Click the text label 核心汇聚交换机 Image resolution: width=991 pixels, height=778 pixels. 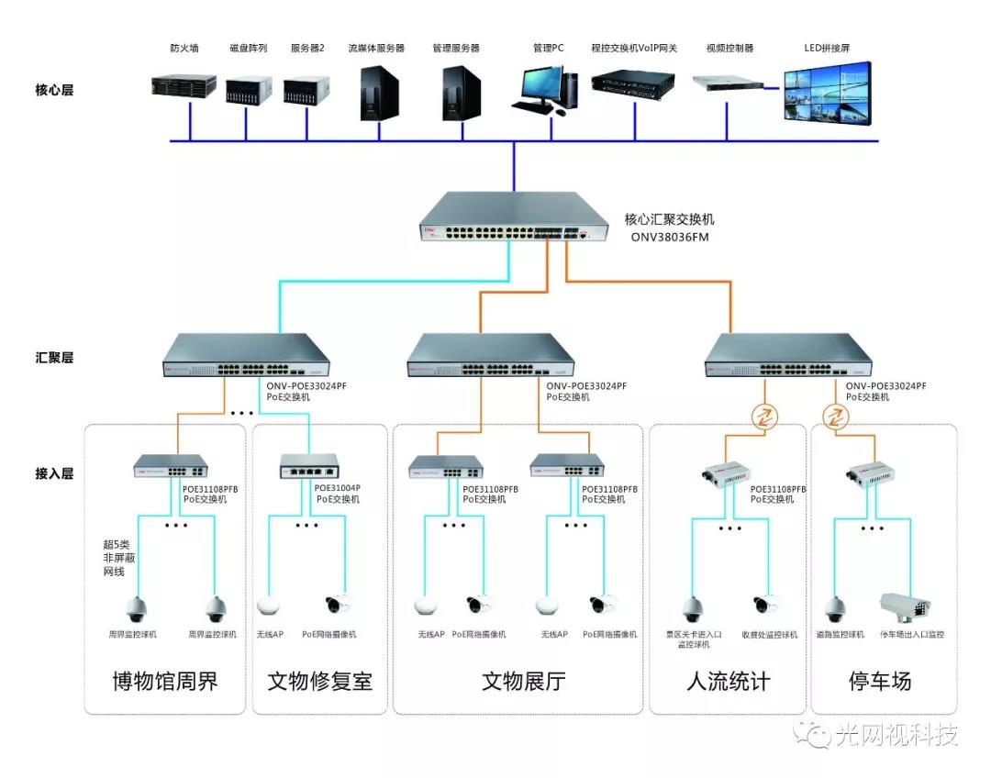(669, 219)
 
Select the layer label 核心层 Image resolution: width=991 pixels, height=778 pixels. (53, 91)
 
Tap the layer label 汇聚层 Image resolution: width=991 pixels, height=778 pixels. (53, 358)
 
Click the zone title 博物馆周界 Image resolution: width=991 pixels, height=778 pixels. (165, 682)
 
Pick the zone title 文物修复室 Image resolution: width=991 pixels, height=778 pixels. (320, 682)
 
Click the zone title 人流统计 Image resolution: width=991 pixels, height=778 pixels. (729, 682)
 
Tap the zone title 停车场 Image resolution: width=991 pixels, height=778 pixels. (880, 682)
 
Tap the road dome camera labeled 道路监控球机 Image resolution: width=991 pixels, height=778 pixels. (834, 608)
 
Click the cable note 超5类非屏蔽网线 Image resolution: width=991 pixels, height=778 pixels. (117, 557)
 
